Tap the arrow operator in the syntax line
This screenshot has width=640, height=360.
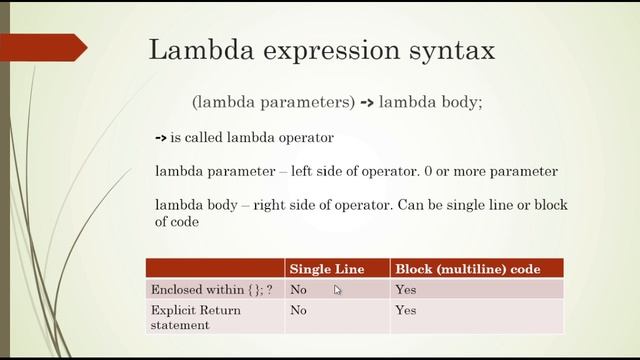[x=366, y=102]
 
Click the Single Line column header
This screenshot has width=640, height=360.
[x=326, y=269]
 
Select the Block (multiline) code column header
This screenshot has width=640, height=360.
[x=468, y=269]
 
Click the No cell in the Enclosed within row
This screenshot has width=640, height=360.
[x=298, y=290]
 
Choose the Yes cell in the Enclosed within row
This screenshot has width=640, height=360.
[x=406, y=290]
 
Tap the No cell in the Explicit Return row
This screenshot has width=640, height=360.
[x=298, y=311]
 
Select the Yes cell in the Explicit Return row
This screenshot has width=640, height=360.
[x=406, y=311]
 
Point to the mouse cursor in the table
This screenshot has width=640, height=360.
[x=338, y=290]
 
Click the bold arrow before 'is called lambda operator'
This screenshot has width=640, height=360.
[x=161, y=138]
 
